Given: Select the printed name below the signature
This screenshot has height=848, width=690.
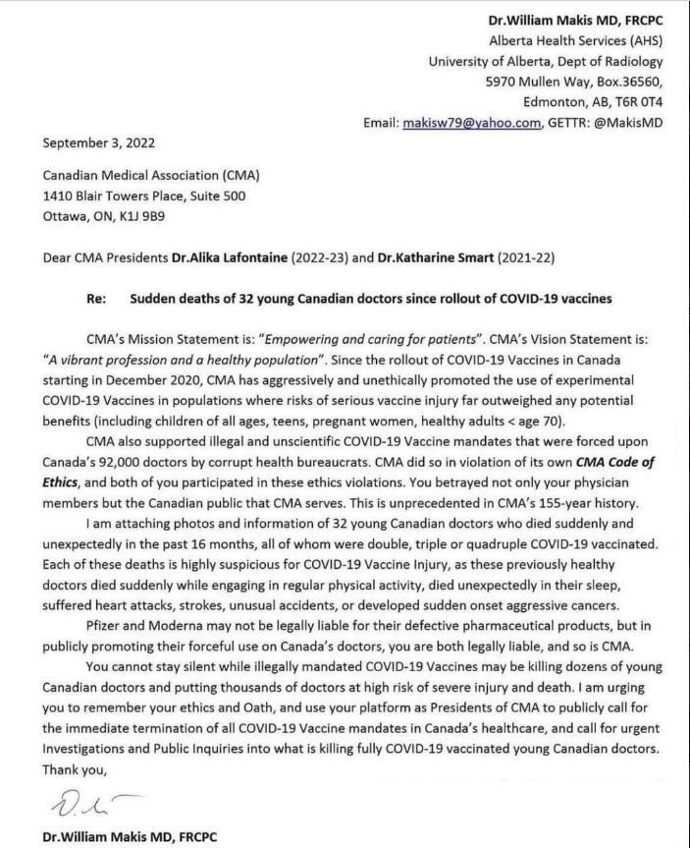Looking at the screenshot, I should [130, 836].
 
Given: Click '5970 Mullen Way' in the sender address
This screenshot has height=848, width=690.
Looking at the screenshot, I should [531, 82].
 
